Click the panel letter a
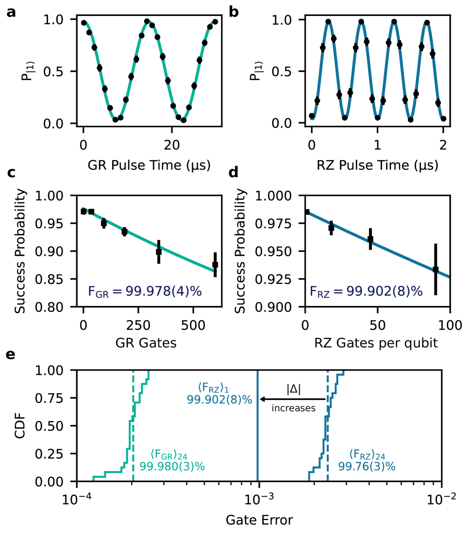tap(11, 12)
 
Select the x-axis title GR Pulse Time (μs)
tap(149, 166)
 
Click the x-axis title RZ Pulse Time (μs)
tap(377, 166)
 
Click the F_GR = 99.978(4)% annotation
tap(145, 291)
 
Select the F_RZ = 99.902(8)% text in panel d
tap(367, 291)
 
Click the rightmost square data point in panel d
tap(436, 269)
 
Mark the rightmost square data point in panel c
tap(215, 265)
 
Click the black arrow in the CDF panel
tap(293, 399)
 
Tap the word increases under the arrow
tap(293, 408)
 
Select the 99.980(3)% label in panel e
tap(172, 466)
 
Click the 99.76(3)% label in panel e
tap(367, 466)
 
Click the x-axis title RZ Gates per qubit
tap(377, 343)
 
